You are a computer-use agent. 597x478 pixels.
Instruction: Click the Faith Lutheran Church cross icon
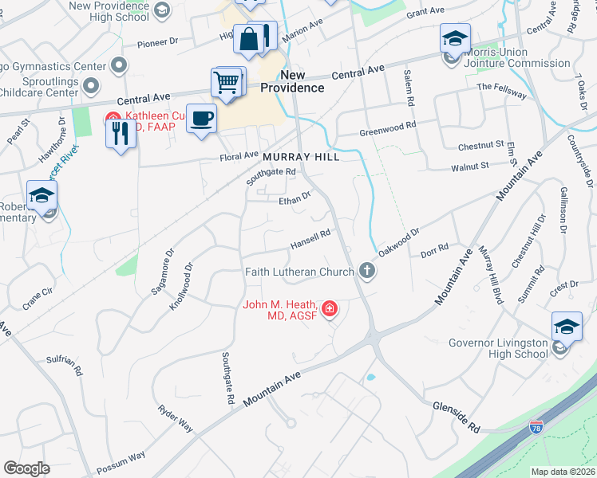[x=367, y=271]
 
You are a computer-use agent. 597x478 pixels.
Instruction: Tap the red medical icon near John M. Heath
[x=329, y=308]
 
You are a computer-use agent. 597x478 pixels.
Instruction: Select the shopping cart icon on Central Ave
[x=227, y=82]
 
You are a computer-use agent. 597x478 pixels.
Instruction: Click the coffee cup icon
[x=202, y=118]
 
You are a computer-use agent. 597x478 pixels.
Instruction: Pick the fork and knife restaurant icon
[x=121, y=132]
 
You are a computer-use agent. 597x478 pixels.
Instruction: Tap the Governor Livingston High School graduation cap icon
[x=567, y=327]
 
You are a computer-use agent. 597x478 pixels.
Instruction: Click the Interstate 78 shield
[x=537, y=429]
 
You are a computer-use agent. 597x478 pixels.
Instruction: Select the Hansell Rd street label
[x=310, y=237]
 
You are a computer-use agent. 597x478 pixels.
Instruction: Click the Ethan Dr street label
[x=294, y=198]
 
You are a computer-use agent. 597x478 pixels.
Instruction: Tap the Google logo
[x=27, y=468]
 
